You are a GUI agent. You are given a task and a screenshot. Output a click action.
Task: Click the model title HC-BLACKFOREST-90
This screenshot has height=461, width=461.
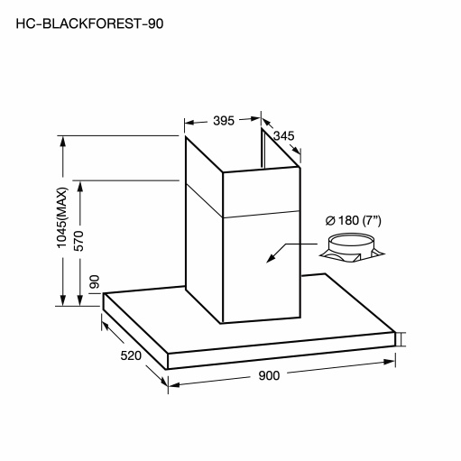click(x=89, y=23)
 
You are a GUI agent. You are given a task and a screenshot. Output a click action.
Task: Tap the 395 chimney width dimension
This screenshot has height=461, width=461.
click(x=224, y=121)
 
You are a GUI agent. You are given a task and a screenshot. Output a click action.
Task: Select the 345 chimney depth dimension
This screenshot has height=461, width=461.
click(x=283, y=136)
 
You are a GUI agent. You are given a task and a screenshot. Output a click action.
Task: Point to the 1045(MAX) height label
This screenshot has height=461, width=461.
click(x=62, y=217)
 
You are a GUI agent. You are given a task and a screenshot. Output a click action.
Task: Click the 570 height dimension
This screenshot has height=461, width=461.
click(x=79, y=241)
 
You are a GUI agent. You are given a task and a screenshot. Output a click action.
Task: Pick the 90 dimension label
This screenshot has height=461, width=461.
click(x=95, y=281)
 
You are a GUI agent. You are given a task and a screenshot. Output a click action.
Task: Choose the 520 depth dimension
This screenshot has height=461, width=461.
click(x=131, y=355)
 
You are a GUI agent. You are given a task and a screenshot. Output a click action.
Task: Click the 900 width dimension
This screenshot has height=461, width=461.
click(x=269, y=375)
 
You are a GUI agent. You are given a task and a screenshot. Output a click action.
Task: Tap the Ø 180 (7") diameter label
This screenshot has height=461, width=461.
click(x=354, y=221)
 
